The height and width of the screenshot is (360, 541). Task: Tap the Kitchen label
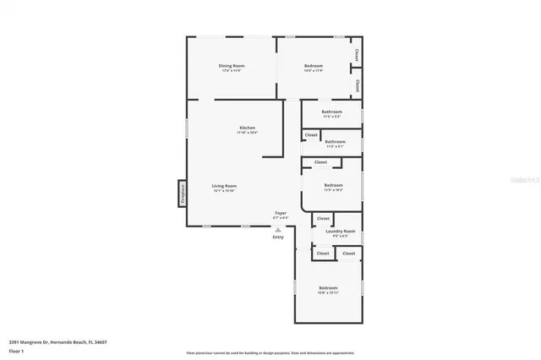pos(247,128)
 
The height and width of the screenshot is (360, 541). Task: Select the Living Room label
pos(224,186)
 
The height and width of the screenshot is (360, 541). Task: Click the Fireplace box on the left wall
pos(181,194)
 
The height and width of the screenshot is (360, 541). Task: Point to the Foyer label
pos(280,213)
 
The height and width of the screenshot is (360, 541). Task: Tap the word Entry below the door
pos(278,237)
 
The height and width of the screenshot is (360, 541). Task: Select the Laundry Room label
pos(340,231)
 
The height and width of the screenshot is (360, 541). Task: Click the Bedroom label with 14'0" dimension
pos(313,65)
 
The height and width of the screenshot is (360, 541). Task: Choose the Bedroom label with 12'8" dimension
pos(328,288)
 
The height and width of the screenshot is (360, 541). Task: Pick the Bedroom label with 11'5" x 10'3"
pos(333,185)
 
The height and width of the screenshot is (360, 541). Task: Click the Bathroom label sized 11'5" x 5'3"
pos(332,112)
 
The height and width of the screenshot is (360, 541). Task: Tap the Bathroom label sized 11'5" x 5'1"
pos(336,142)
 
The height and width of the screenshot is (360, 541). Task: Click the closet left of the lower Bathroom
pos(311,134)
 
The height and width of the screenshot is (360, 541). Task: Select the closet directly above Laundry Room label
pos(324,219)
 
